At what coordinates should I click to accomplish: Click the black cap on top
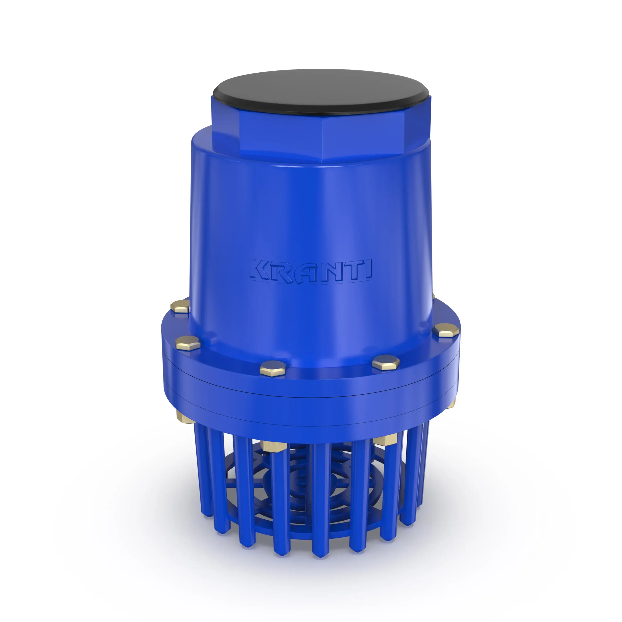click(321, 92)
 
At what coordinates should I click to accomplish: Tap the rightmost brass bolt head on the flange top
click(445, 331)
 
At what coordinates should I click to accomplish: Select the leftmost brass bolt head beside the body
click(180, 306)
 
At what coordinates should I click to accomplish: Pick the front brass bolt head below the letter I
click(385, 363)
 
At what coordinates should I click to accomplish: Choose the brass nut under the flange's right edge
click(452, 403)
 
